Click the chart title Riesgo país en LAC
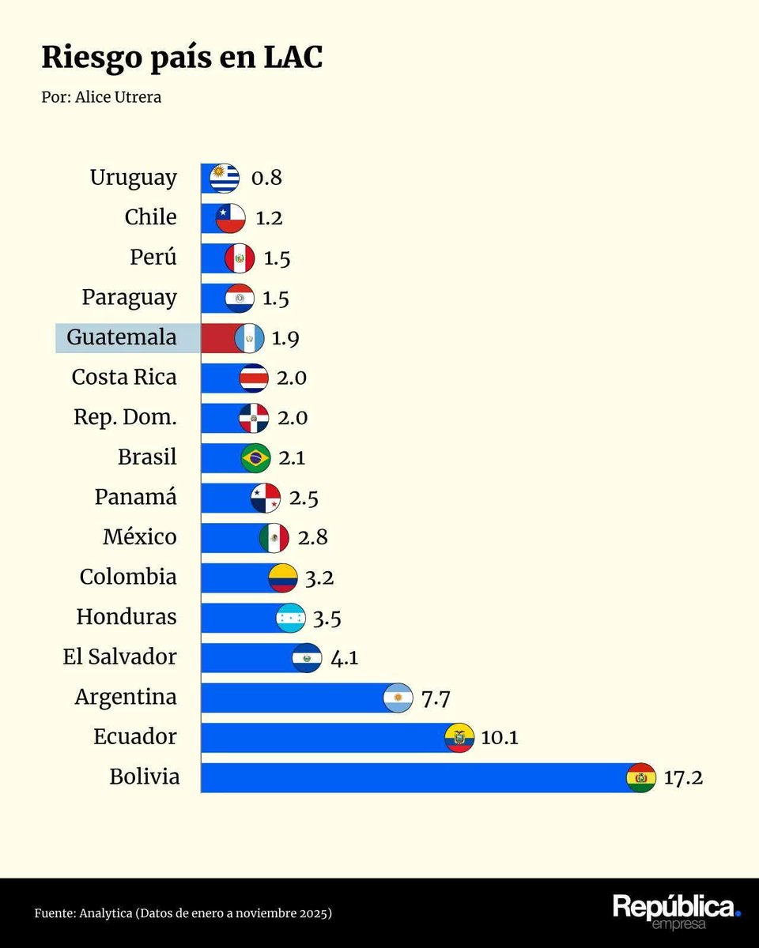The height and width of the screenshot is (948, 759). click(182, 58)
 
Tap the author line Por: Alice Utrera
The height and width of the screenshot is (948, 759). click(101, 98)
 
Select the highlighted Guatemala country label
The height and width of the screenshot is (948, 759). click(122, 337)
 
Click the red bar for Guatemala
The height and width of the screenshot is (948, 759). click(217, 338)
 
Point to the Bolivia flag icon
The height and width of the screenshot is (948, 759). click(640, 778)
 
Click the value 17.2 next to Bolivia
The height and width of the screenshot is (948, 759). click(683, 778)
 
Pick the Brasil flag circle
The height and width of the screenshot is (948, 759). click(256, 457)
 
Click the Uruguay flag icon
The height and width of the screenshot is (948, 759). click(225, 178)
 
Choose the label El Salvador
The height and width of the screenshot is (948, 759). click(120, 657)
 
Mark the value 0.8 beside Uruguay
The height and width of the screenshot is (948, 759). click(266, 178)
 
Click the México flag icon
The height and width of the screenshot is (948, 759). click(274, 538)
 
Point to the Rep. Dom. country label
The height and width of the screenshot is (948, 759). click(125, 417)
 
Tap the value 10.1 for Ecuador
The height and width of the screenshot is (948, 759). click(500, 738)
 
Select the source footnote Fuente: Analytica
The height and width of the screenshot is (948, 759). click(183, 913)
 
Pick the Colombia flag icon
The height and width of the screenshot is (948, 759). click(283, 578)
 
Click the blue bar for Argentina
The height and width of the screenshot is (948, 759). click(293, 698)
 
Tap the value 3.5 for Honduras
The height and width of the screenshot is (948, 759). click(327, 618)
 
